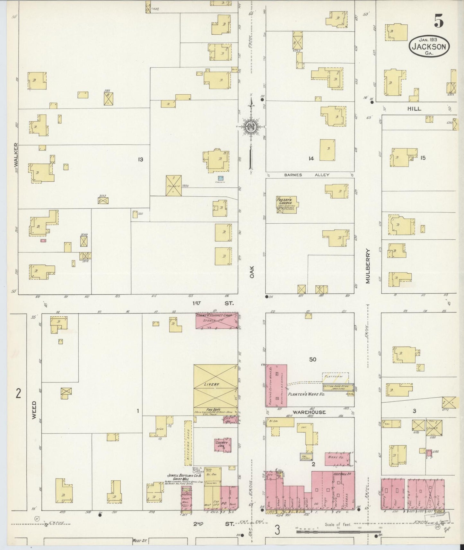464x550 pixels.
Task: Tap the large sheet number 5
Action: pos(439,22)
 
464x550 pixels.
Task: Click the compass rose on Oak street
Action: pos(251,126)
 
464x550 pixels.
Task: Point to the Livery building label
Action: pos(211,384)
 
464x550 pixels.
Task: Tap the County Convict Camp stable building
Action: pos(217,321)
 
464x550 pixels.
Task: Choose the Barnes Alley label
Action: pos(306,175)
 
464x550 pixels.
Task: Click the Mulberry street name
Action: pos(368,266)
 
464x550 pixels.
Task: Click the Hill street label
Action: pos(414,109)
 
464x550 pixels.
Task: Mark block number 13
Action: pos(140,159)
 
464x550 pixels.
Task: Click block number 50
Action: pos(312,359)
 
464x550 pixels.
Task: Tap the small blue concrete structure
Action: pos(221,178)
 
